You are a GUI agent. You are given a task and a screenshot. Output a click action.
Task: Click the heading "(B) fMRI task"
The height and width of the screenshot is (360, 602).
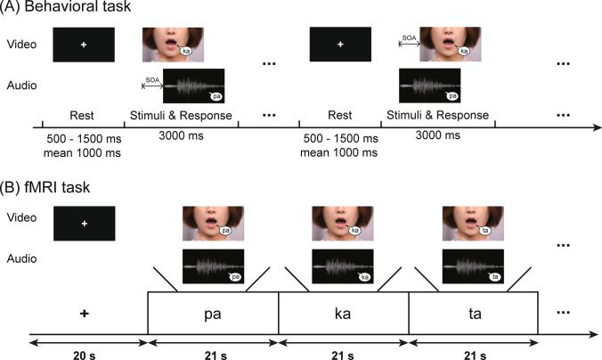(x=41, y=188)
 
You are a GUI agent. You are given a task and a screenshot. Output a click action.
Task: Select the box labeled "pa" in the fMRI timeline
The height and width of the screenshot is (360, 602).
(x=213, y=314)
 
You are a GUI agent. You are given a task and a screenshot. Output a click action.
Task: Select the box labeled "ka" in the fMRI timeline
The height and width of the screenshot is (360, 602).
(x=343, y=314)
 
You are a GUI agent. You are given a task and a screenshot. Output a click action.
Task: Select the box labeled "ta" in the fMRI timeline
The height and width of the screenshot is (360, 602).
(x=474, y=314)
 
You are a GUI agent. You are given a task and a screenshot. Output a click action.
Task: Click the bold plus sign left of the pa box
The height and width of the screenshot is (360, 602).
(x=84, y=314)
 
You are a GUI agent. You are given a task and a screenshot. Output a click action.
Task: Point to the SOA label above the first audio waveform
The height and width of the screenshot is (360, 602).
(x=151, y=81)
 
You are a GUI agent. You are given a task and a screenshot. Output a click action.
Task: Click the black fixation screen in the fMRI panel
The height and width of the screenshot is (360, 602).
(x=85, y=224)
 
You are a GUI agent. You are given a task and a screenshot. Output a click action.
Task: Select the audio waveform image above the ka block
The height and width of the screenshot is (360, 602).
(x=343, y=266)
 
